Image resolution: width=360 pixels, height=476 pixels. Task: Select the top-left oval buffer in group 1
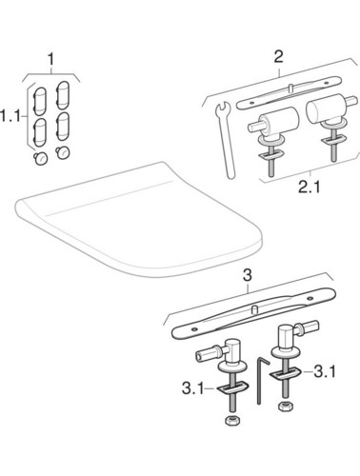pos(41,99)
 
